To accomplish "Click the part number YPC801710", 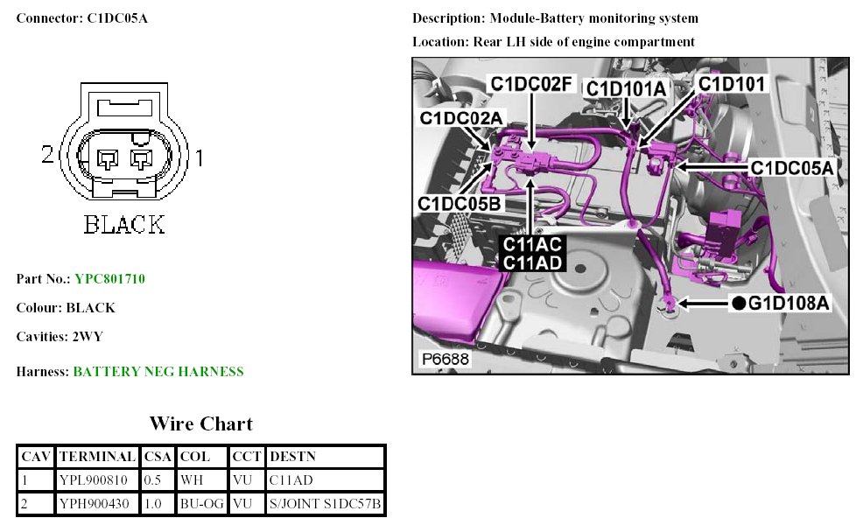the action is click(x=109, y=279).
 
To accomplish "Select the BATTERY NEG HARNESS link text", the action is click(x=158, y=372).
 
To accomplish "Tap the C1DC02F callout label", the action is click(x=530, y=84).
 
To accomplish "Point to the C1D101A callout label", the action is click(x=626, y=88).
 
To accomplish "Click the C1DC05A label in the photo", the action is click(x=791, y=167).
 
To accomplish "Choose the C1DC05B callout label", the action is click(x=460, y=204).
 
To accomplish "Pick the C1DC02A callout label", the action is click(x=460, y=117).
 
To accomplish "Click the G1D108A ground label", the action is click(x=788, y=303).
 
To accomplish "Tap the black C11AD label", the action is click(x=532, y=263).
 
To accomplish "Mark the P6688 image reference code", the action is click(x=446, y=359).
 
